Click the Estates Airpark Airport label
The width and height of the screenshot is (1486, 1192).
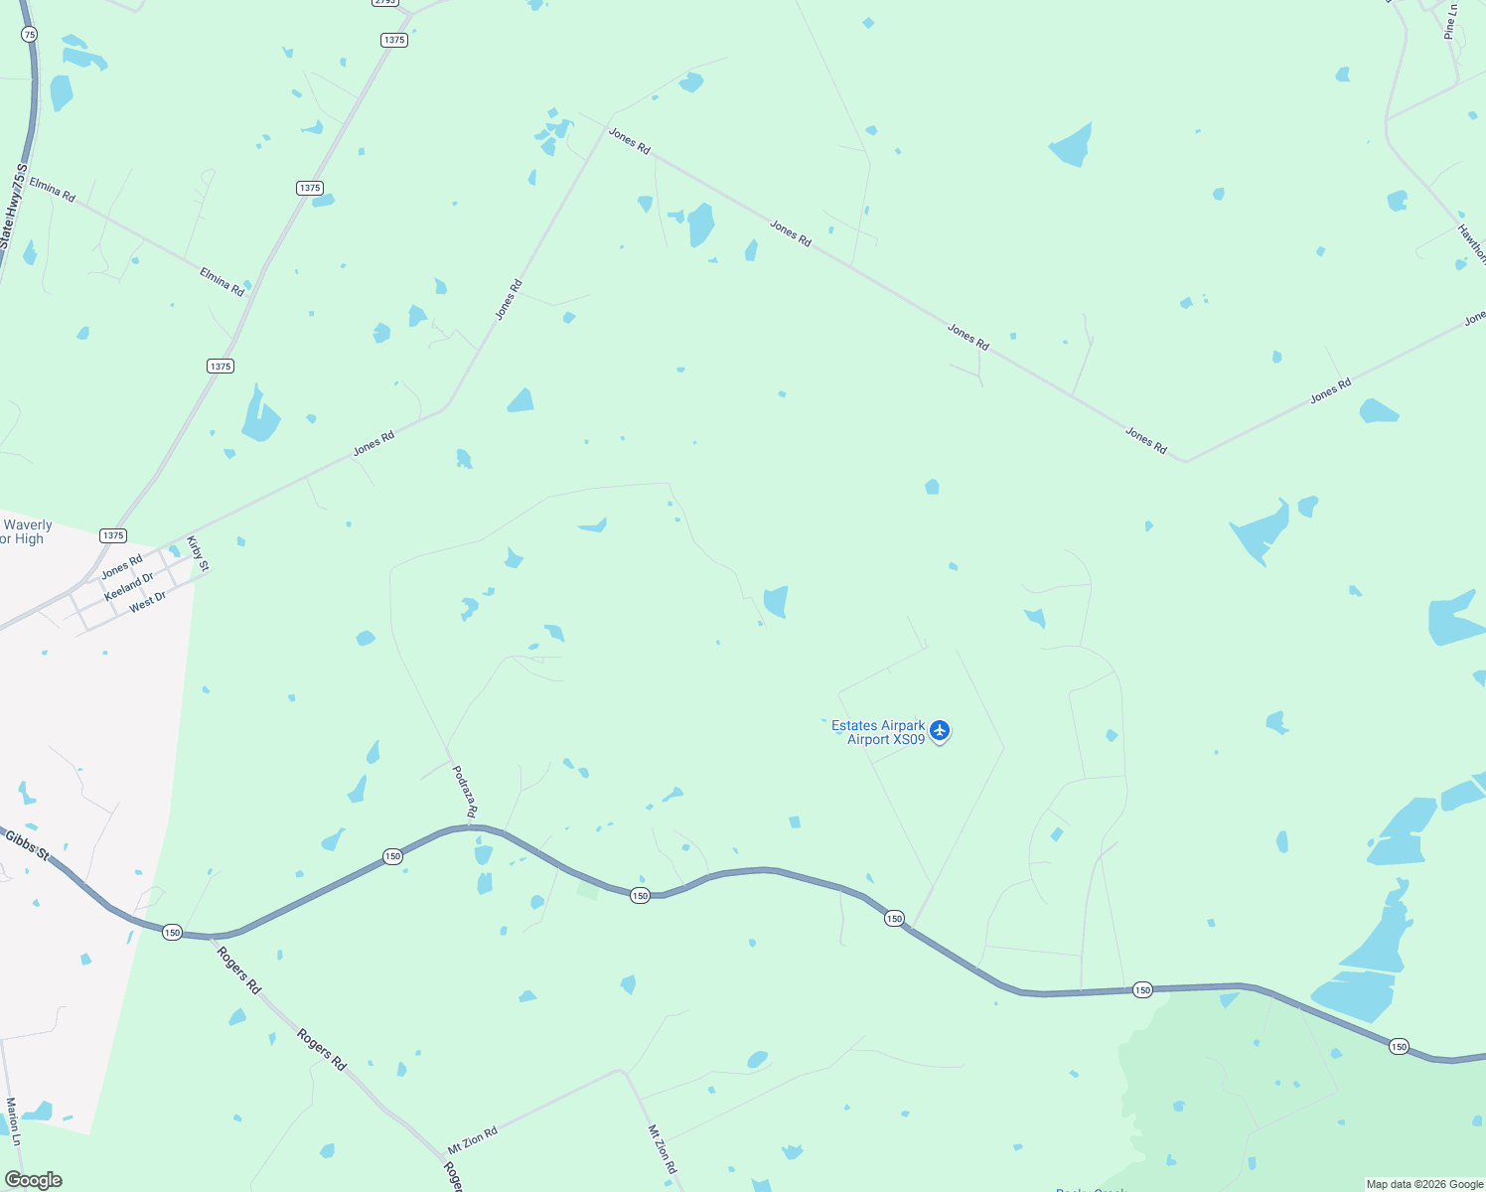point(878,732)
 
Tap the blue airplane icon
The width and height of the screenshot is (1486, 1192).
point(940,732)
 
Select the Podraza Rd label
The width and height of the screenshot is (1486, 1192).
point(464,792)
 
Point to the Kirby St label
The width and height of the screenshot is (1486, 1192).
point(199,553)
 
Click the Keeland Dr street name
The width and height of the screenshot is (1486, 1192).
point(129,586)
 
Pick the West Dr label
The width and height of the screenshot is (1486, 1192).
point(147,601)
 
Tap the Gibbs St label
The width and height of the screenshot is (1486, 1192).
point(27,844)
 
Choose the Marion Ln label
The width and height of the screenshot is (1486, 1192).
point(13,1121)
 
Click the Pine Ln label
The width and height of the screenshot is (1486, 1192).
point(1450,22)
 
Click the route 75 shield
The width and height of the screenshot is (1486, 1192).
point(29,34)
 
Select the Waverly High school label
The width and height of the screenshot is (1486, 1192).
point(25,532)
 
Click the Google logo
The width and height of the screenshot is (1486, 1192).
point(33,1180)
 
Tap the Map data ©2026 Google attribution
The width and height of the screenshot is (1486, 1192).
point(1424,1184)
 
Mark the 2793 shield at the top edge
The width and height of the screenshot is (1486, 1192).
point(385,2)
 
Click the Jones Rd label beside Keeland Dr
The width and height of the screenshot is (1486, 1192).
point(121,566)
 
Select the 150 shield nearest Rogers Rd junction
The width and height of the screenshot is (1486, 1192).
point(172,932)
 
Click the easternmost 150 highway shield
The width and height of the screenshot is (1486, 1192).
point(1399,1046)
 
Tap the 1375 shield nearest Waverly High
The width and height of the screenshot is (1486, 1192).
point(113,535)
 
